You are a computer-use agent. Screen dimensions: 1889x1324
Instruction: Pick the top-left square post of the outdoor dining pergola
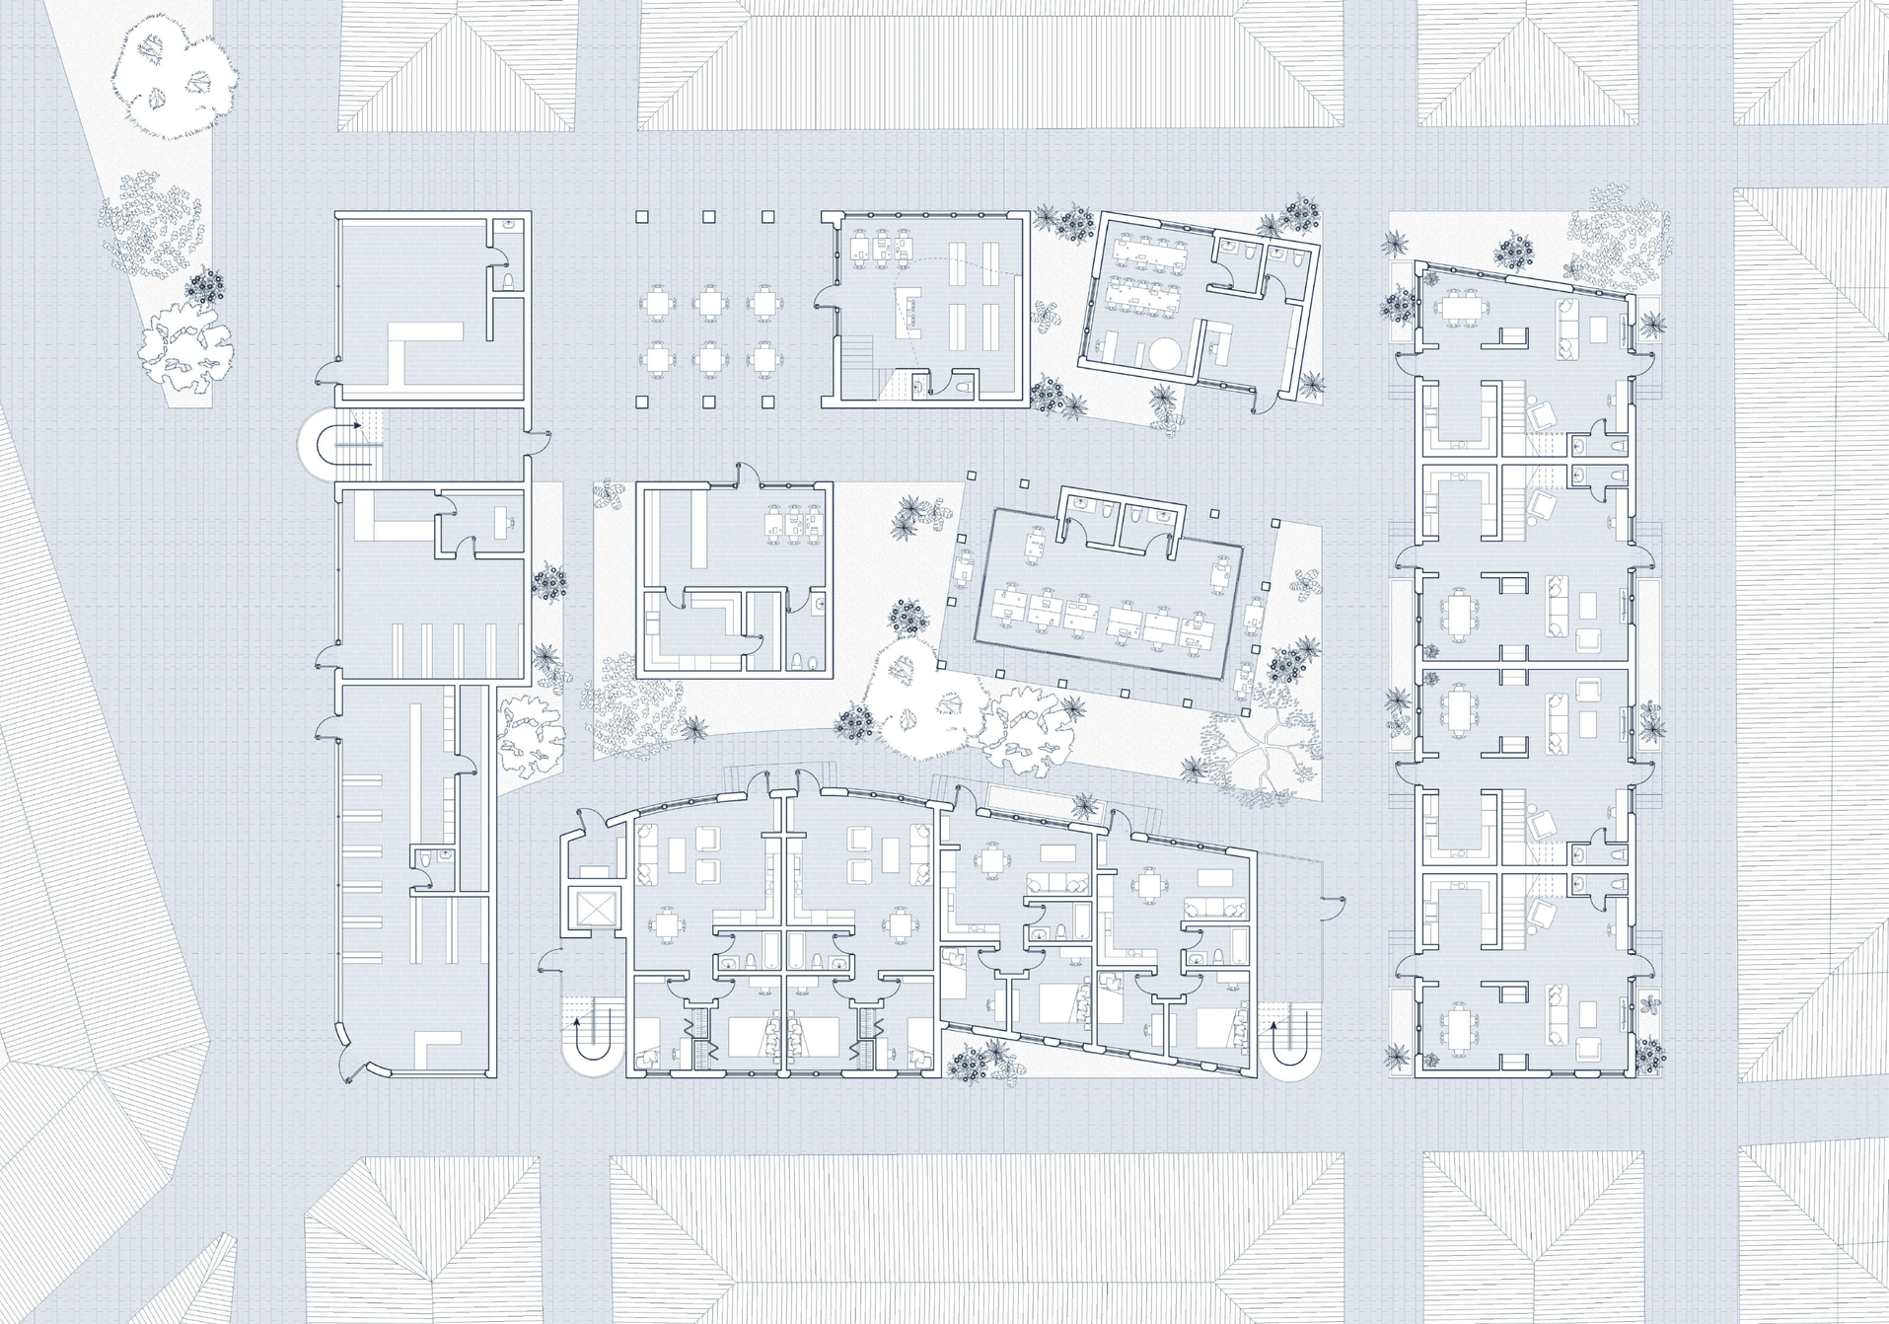click(641, 216)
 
